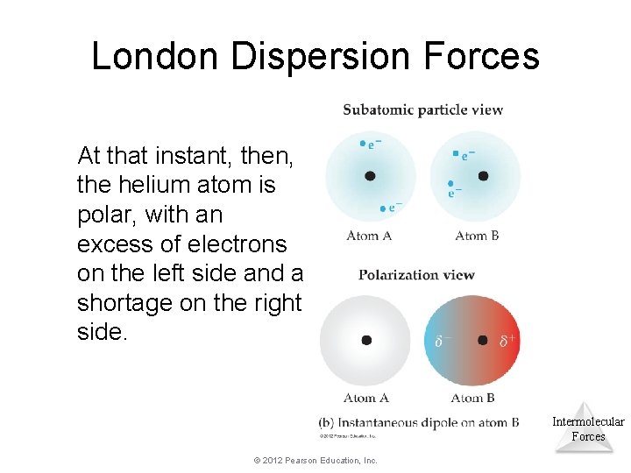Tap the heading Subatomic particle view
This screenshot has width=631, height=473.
422,109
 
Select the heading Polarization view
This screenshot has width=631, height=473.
416,274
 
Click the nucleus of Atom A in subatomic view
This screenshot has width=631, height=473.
370,176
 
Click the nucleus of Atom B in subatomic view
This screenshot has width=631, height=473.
483,176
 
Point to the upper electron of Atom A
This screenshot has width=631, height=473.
363,144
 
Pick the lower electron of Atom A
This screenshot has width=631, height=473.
382,208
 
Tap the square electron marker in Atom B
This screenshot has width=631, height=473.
456,154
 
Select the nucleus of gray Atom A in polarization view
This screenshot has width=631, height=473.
366,340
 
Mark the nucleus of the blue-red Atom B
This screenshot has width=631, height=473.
482,340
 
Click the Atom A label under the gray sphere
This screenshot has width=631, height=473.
366,398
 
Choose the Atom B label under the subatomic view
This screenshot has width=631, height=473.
477,235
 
